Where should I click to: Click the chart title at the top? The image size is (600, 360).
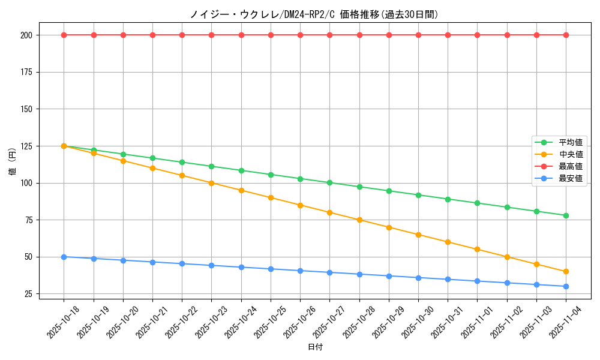coord(314,14)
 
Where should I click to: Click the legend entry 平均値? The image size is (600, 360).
coord(570,142)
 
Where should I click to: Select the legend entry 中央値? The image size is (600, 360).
coord(570,154)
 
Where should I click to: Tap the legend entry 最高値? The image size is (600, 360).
coord(570,166)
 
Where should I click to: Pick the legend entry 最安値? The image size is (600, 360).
coord(570,178)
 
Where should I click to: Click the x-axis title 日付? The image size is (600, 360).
coord(315,347)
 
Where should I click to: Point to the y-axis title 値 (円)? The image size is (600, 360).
coord(13,162)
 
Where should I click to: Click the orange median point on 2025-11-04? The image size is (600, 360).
coord(566,271)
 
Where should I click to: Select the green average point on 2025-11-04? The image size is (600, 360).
coord(566,215)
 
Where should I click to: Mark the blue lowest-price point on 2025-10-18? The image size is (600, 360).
coord(64,257)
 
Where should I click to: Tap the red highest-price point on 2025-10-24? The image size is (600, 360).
coord(241,35)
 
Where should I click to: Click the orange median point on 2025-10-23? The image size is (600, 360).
coord(211,183)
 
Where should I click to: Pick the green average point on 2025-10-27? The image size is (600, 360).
coord(329,182)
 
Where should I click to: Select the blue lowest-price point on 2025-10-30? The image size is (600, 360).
coord(418,278)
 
